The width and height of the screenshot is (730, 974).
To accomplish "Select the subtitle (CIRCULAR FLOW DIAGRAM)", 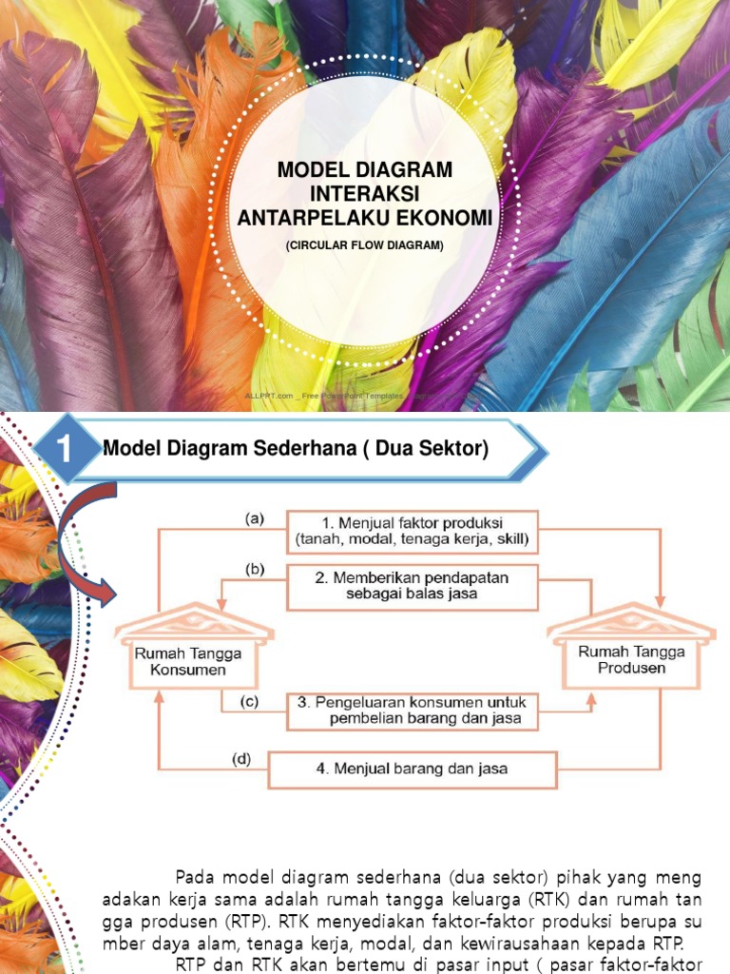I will pyautogui.click(x=365, y=246).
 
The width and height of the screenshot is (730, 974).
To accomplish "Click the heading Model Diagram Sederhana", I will pyautogui.click(x=295, y=449).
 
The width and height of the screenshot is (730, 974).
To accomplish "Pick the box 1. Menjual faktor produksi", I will pyautogui.click(x=412, y=532).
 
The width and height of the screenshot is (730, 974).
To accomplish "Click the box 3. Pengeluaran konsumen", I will pyautogui.click(x=412, y=711).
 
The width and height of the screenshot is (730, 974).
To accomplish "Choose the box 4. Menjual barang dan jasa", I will pyautogui.click(x=412, y=769).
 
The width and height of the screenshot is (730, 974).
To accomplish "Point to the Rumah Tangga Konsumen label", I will pyautogui.click(x=187, y=661).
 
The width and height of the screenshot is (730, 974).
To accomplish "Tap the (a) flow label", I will pyautogui.click(x=254, y=518).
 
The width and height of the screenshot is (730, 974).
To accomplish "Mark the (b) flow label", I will pyautogui.click(x=254, y=570).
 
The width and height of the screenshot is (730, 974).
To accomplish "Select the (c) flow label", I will pyautogui.click(x=249, y=702).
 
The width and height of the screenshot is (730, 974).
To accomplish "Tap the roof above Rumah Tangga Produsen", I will pyautogui.click(x=631, y=622).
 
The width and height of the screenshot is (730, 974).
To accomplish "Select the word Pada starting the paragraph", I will pyautogui.click(x=196, y=876).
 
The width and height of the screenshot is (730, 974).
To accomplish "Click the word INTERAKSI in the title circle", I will pyautogui.click(x=365, y=195).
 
